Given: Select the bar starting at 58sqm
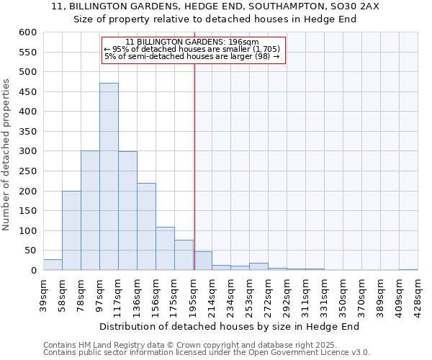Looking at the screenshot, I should (x=71, y=230).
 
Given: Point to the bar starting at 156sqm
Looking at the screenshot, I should (x=165, y=248).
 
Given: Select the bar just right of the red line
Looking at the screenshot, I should (x=203, y=261).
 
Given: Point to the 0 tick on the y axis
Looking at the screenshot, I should (x=32, y=271).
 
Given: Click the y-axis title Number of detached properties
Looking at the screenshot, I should (x=7, y=155).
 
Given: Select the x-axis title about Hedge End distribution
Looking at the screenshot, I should (x=229, y=326).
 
